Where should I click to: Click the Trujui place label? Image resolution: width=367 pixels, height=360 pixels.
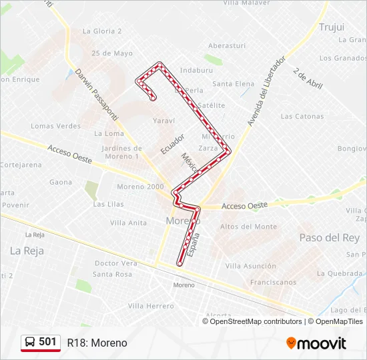[331, 27]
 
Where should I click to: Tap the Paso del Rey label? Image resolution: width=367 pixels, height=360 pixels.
[329, 237]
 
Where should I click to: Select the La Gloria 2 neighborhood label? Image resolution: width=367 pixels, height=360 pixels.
[102, 31]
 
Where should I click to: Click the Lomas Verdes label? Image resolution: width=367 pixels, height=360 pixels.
[55, 126]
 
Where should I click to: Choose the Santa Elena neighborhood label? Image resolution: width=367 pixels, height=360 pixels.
[234, 84]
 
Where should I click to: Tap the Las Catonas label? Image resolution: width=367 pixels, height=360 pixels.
[302, 116]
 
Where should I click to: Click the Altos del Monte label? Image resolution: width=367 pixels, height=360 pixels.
[248, 227]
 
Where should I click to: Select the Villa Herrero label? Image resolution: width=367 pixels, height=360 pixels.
[151, 305]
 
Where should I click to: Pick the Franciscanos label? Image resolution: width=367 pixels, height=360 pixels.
[273, 282]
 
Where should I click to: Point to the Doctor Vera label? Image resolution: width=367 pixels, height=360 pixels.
[115, 263]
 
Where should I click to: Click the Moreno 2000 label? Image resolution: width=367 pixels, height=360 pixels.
[140, 186]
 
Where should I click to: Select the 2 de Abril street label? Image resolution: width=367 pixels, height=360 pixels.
[307, 79]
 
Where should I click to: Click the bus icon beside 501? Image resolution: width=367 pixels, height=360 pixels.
[30, 342]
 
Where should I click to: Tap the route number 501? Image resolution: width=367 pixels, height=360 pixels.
[48, 341]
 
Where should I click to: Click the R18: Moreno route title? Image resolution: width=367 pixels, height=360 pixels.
[97, 343]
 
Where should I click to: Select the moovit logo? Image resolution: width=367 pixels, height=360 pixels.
[316, 343]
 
